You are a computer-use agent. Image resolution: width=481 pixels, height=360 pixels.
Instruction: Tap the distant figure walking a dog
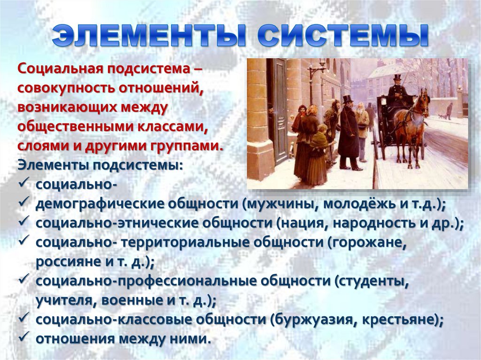point(450,111)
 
